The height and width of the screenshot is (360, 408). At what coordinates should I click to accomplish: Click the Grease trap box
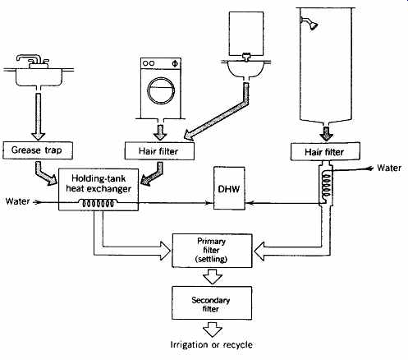click(38, 150)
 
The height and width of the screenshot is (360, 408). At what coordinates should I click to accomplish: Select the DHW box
click(229, 188)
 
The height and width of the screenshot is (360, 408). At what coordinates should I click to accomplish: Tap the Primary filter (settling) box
click(212, 251)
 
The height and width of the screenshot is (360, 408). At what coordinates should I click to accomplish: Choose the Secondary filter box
click(212, 303)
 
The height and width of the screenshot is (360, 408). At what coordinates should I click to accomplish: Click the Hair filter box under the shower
click(325, 151)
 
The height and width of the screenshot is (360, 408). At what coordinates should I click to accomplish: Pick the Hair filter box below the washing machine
click(159, 150)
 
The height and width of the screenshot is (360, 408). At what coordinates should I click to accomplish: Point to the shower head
click(309, 23)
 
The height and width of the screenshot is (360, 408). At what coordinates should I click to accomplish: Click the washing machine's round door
click(161, 90)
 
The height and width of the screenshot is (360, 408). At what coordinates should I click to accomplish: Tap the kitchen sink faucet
click(32, 61)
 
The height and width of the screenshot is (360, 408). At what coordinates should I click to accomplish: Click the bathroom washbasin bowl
click(246, 69)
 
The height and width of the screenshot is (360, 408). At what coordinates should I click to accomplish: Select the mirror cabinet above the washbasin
click(246, 34)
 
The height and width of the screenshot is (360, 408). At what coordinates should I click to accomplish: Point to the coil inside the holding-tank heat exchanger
click(98, 203)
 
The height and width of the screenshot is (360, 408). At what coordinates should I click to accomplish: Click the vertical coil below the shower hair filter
click(326, 184)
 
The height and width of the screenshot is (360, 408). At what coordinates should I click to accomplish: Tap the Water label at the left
click(17, 201)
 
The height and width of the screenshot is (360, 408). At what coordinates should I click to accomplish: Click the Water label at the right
click(389, 168)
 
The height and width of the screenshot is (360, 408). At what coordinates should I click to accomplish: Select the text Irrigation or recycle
click(211, 344)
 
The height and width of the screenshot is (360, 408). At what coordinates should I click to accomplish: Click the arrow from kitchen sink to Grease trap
click(39, 117)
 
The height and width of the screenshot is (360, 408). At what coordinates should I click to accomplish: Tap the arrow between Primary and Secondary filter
click(212, 276)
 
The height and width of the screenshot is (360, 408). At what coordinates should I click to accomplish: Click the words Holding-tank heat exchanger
click(99, 183)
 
